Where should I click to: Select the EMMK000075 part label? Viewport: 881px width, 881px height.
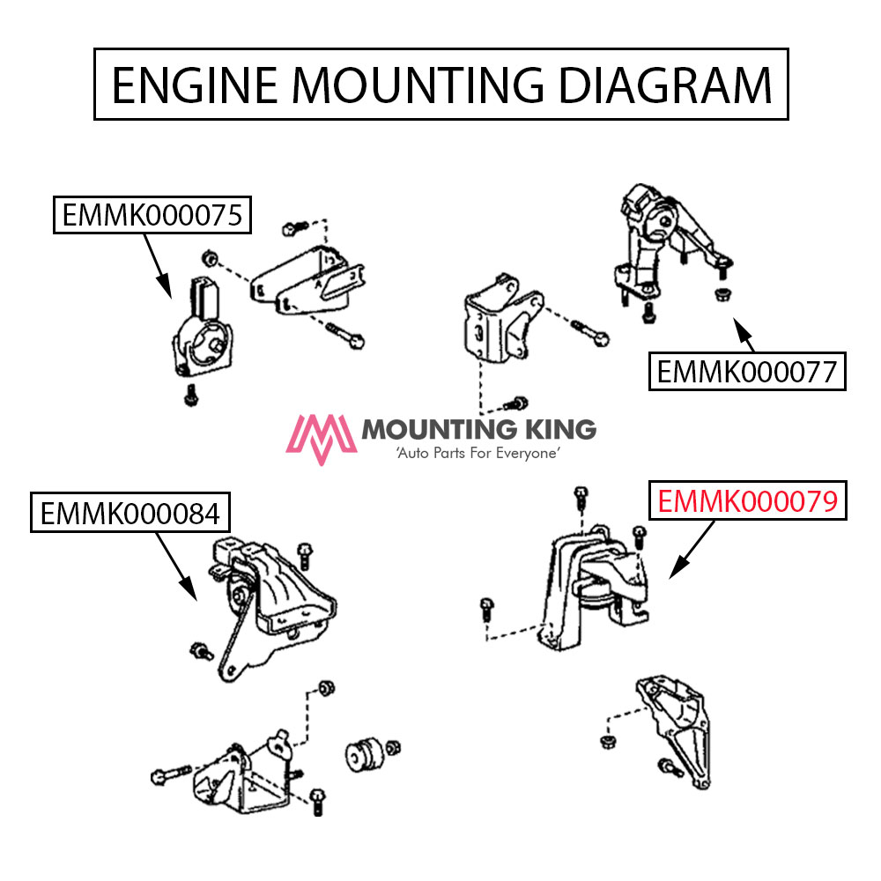(x=152, y=215)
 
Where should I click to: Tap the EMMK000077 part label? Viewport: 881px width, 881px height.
(x=747, y=371)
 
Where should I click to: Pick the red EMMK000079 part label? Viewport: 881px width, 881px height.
(x=747, y=501)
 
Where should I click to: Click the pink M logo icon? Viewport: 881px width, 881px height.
(x=322, y=438)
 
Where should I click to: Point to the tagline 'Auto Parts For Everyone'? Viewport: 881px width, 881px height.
(x=478, y=453)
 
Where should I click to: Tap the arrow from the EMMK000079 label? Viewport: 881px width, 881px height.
(x=692, y=552)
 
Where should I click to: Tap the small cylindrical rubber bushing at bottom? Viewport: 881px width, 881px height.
(x=361, y=753)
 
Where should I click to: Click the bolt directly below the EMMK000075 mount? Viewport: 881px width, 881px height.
(x=190, y=397)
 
